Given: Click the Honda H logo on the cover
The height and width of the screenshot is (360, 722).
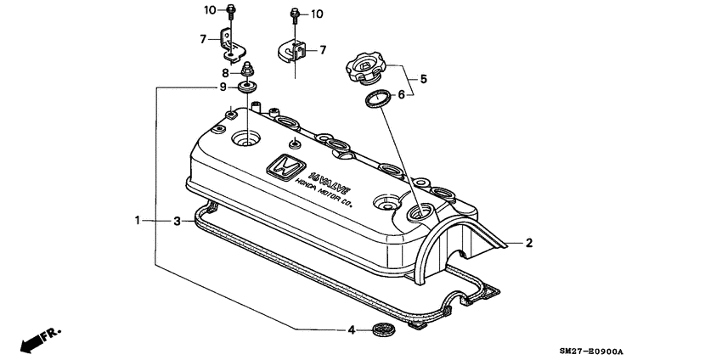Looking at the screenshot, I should (x=284, y=166).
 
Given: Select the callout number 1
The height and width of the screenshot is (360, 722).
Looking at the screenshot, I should (x=138, y=221).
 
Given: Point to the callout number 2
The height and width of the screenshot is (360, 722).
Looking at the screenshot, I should (x=528, y=243).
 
